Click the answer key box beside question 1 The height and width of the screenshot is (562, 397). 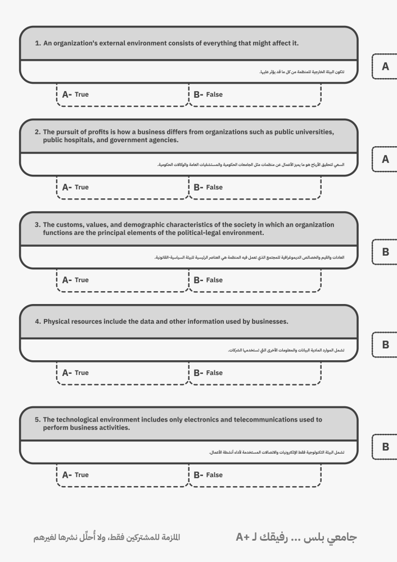[385, 66]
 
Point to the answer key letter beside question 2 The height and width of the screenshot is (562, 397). [385, 159]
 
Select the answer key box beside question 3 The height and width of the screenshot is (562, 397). [385, 252]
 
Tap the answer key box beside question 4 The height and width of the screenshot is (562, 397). [385, 345]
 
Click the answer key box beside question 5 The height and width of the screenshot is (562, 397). [385, 447]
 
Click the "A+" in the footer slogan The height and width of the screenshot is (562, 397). [244, 538]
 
